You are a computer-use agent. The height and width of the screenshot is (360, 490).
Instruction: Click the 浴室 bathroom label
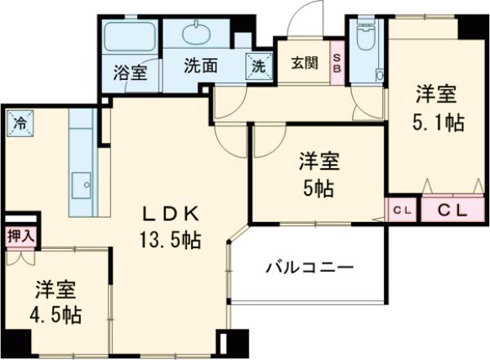[x=130, y=71]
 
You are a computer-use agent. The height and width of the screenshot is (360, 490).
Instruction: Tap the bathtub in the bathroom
[x=131, y=38]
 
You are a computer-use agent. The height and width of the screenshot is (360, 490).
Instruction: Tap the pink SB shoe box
[x=336, y=63]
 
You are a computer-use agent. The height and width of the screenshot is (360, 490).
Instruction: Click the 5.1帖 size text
[x=438, y=122]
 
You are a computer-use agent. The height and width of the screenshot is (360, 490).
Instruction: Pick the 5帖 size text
[x=318, y=188]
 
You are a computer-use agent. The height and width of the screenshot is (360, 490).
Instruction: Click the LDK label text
[x=171, y=214]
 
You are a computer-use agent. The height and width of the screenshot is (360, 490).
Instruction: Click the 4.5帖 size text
[x=58, y=313]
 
